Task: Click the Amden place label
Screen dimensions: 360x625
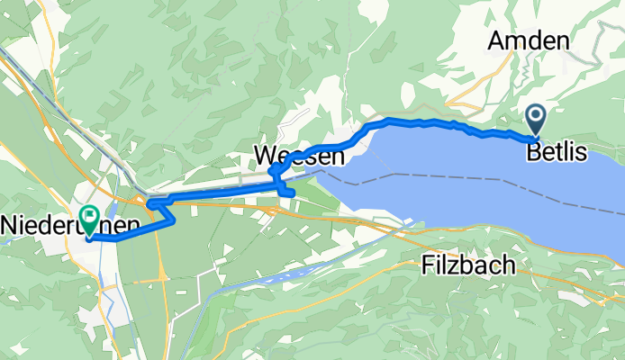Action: (x=530, y=40)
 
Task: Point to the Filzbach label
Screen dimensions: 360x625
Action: (x=468, y=265)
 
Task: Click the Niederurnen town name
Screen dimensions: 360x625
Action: (x=70, y=223)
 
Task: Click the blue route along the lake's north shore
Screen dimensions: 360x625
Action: (x=432, y=121)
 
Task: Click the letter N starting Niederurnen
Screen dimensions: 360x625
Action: (x=12, y=223)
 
